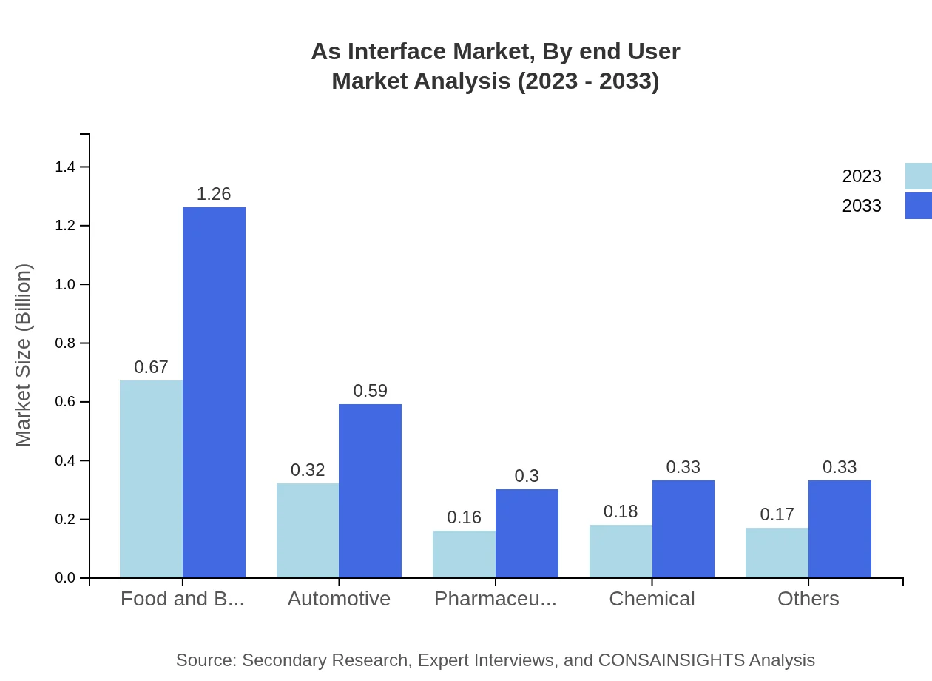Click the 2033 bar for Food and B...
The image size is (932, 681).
[214, 392]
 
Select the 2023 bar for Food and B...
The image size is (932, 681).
[151, 479]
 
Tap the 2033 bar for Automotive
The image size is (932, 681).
[370, 491]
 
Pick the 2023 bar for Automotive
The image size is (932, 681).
[308, 531]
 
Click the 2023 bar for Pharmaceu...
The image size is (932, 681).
[464, 554]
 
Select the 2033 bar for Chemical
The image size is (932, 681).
[683, 529]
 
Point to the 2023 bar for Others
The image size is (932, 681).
[777, 552]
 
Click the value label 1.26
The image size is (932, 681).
[214, 194]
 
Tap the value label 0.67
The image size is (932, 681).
[151, 367]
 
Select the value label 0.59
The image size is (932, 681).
[370, 391]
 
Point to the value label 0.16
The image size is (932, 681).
[464, 517]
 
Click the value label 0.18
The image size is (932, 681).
[621, 511]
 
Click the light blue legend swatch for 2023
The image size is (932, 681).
[918, 176]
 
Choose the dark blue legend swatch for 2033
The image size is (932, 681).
[918, 206]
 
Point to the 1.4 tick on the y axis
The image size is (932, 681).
[65, 167]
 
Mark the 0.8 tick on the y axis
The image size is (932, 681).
[65, 343]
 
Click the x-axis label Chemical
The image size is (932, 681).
[652, 599]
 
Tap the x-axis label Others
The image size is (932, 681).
[808, 599]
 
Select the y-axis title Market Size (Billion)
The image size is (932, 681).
[24, 355]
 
